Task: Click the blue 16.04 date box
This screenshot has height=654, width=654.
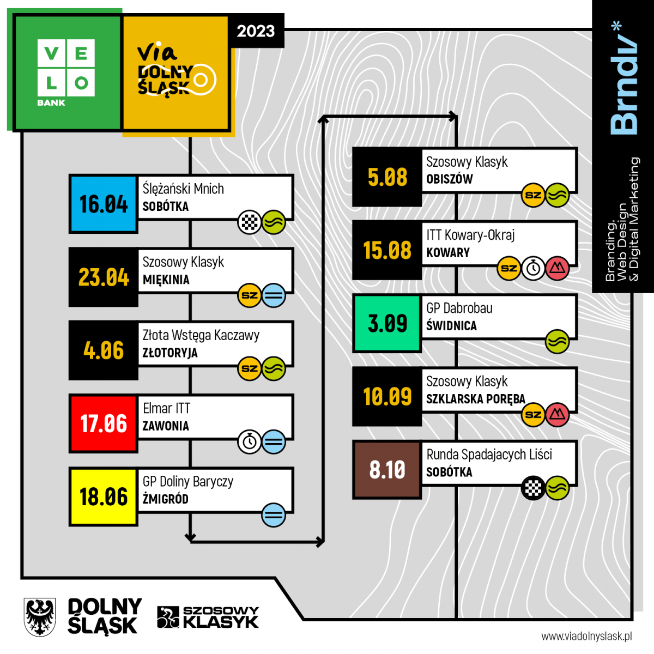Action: (103, 204)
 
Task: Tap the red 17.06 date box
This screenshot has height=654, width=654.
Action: (103, 423)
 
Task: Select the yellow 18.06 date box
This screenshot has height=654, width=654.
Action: (103, 496)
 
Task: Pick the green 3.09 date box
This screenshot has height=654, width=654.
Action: (387, 323)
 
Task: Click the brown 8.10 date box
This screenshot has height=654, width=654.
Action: (387, 469)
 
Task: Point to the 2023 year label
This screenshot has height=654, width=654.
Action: (256, 31)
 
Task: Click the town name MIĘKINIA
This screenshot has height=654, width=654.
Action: (166, 280)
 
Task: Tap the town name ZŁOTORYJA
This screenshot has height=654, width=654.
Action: (170, 353)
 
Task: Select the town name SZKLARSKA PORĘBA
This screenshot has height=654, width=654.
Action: (475, 399)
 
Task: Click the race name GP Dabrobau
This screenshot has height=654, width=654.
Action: (459, 308)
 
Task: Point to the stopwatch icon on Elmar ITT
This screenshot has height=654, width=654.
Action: (250, 441)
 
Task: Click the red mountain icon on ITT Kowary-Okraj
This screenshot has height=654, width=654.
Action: (557, 268)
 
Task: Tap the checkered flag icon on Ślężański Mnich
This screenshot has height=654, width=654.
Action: (250, 222)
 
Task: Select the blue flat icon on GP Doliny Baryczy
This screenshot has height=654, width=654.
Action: (274, 514)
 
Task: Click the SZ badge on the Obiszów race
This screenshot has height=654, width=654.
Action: (533, 195)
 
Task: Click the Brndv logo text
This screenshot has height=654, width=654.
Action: (623, 79)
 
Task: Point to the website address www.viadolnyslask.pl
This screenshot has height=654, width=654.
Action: (586, 636)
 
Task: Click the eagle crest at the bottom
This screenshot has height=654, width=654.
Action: (40, 617)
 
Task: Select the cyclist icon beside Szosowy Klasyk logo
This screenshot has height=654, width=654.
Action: (168, 617)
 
